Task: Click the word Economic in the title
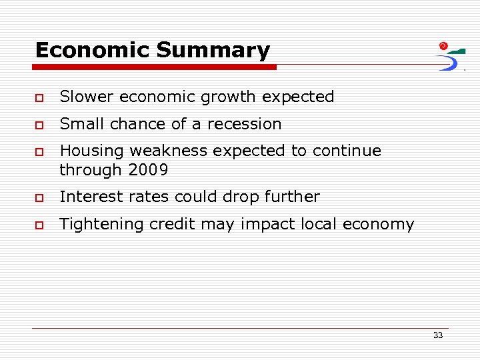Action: [93, 50]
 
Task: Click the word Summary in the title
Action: [213, 50]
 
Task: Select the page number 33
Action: [437, 335]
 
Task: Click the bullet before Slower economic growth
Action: [40, 98]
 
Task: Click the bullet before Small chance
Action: [40, 125]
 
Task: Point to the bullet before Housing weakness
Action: [40, 152]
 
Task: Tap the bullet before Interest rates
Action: [40, 198]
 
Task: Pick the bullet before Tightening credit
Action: [40, 225]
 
